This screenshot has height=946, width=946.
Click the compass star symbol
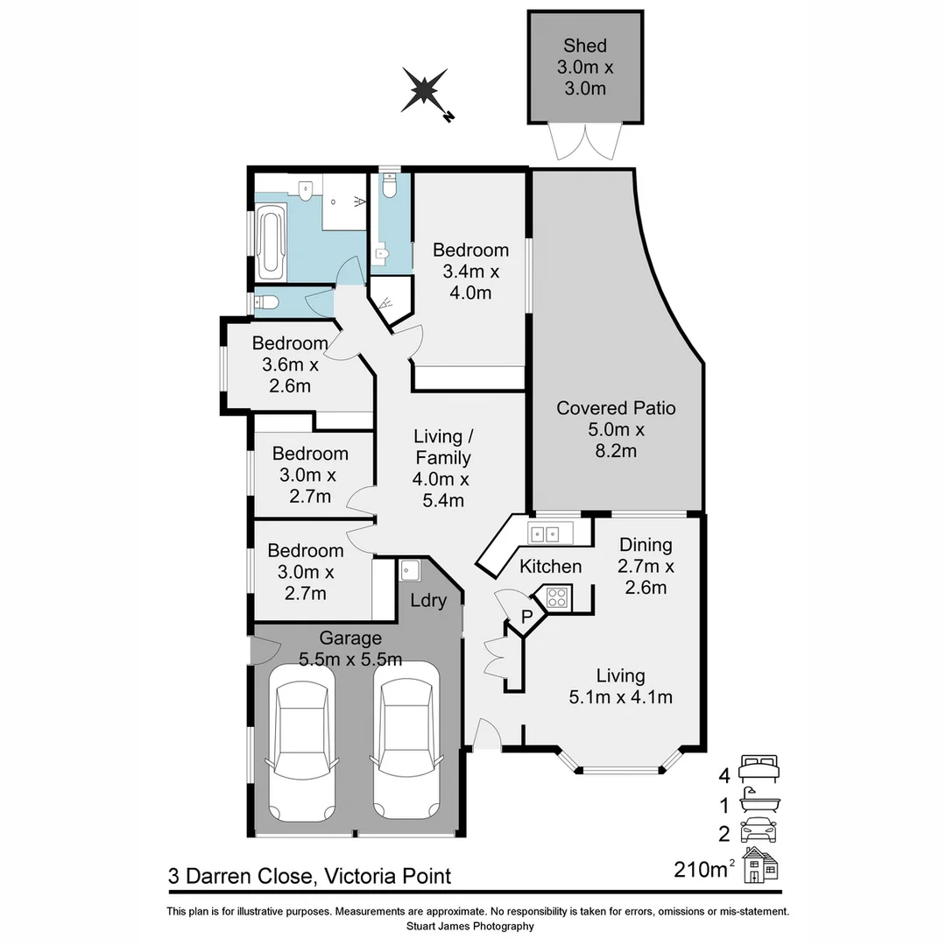[x=425, y=90]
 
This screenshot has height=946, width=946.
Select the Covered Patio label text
[x=616, y=429]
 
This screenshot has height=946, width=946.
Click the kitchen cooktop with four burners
[x=558, y=597]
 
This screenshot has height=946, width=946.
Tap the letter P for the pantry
[x=526, y=618]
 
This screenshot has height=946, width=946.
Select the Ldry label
[x=429, y=601]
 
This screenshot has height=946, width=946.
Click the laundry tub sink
[x=410, y=571]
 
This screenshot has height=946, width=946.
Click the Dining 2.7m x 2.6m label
[x=646, y=566]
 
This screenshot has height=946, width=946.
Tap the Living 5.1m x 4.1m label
[x=620, y=686]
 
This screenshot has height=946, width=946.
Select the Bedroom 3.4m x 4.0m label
[x=470, y=272]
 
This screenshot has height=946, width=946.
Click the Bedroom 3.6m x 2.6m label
[x=289, y=364]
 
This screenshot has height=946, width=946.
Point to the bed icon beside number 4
[x=759, y=767]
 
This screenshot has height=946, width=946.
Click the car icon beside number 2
[x=759, y=830]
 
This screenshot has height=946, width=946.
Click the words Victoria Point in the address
[x=387, y=876]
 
